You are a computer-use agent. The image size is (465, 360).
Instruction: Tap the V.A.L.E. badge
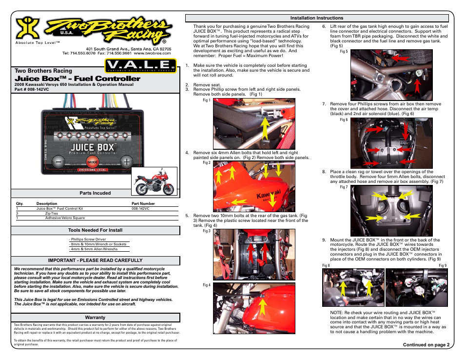point(139,65)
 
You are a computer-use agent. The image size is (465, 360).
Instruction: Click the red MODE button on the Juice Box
point(93,161)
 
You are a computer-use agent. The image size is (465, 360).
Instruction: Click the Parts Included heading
point(96,193)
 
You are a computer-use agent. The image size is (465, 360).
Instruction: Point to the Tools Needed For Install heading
point(96,230)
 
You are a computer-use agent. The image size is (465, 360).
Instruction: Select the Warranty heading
point(96,318)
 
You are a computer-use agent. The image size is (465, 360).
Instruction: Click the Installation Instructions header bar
point(317,18)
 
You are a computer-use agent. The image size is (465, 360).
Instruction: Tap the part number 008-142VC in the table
point(140,208)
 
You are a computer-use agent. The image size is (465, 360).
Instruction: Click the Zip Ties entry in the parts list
point(51,213)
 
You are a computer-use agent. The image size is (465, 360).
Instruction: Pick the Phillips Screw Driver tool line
point(88,240)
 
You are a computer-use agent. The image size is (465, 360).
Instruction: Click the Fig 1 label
point(206,100)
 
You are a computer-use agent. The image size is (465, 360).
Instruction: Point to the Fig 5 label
point(344,52)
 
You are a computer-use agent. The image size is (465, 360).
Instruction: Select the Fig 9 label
point(443,266)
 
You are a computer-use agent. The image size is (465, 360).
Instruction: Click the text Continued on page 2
point(426,344)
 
